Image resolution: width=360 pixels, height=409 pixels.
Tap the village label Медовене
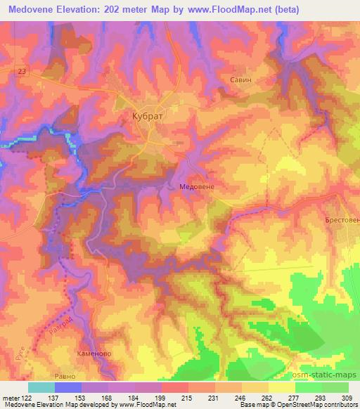pyautogui.click(x=191, y=187)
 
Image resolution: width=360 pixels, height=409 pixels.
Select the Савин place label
pyautogui.click(x=240, y=80)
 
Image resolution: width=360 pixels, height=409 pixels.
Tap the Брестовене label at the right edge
pyautogui.click(x=342, y=221)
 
